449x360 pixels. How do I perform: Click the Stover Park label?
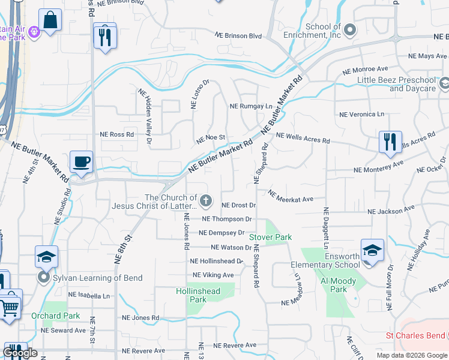tap(271, 237)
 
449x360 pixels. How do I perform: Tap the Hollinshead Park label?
tap(198, 295)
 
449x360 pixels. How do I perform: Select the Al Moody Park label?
tap(339, 285)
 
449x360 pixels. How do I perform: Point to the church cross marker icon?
tap(206, 200)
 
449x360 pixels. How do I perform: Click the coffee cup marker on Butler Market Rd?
tap(81, 162)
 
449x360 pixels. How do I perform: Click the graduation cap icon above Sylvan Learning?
tap(46, 257)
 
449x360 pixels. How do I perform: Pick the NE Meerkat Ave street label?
tap(291, 196)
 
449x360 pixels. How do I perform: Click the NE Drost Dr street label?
tap(239, 205)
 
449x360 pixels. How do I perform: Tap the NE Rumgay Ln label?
tap(251, 106)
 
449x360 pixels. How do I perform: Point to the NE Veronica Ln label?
tap(361, 114)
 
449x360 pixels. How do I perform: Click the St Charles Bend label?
tap(416, 335)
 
